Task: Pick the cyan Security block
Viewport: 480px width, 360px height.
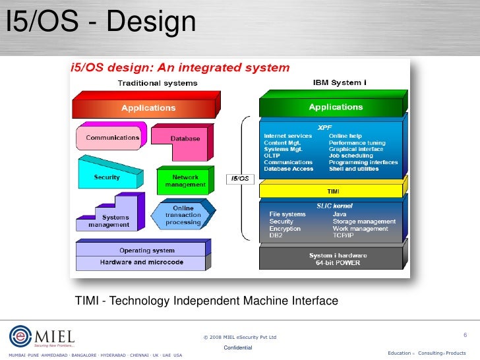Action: coord(107,177)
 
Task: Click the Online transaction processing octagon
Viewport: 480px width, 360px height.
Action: coord(183,216)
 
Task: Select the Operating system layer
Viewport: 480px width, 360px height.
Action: coord(146,251)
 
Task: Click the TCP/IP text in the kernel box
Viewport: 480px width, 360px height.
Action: coord(344,235)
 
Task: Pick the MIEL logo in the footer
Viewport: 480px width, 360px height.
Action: coord(42,336)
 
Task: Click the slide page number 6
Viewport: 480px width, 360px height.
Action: coord(465,336)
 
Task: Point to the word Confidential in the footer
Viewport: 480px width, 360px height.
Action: coord(237,347)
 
